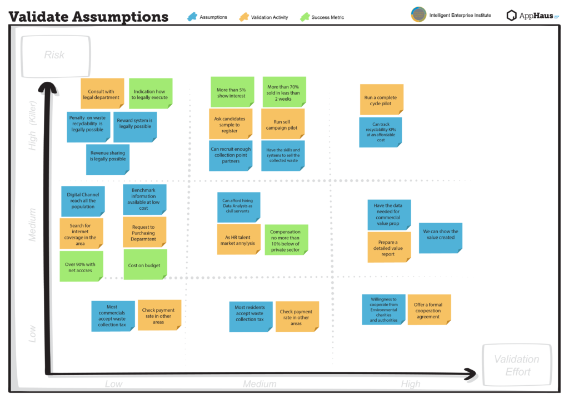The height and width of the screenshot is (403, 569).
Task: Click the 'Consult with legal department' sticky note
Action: pos(102,94)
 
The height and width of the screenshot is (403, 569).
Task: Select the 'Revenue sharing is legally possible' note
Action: pos(108,156)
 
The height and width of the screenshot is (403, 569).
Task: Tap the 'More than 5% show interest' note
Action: pos(231,92)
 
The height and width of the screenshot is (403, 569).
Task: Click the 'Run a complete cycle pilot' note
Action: pos(381,100)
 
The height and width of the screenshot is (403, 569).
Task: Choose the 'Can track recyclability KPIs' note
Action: pos(381,132)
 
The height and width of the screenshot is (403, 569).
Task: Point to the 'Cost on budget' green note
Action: pos(144,265)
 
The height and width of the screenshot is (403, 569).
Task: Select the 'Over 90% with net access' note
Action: pos(82,267)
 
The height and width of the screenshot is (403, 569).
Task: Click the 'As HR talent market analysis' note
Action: pos(238,240)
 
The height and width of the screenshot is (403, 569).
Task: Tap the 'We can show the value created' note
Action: pos(441,238)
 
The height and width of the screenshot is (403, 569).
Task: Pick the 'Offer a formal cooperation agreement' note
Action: pos(428,311)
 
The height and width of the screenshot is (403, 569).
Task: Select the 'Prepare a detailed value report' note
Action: pos(388,248)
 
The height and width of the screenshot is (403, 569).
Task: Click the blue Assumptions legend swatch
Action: pos(192,17)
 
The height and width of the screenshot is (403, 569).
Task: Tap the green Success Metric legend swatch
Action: pos(305,17)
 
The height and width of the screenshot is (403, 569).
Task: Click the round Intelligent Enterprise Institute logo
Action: pos(418,15)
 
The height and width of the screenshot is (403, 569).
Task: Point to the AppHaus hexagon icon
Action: pos(512,16)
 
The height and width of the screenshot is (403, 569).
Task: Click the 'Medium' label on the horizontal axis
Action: pos(259,384)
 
